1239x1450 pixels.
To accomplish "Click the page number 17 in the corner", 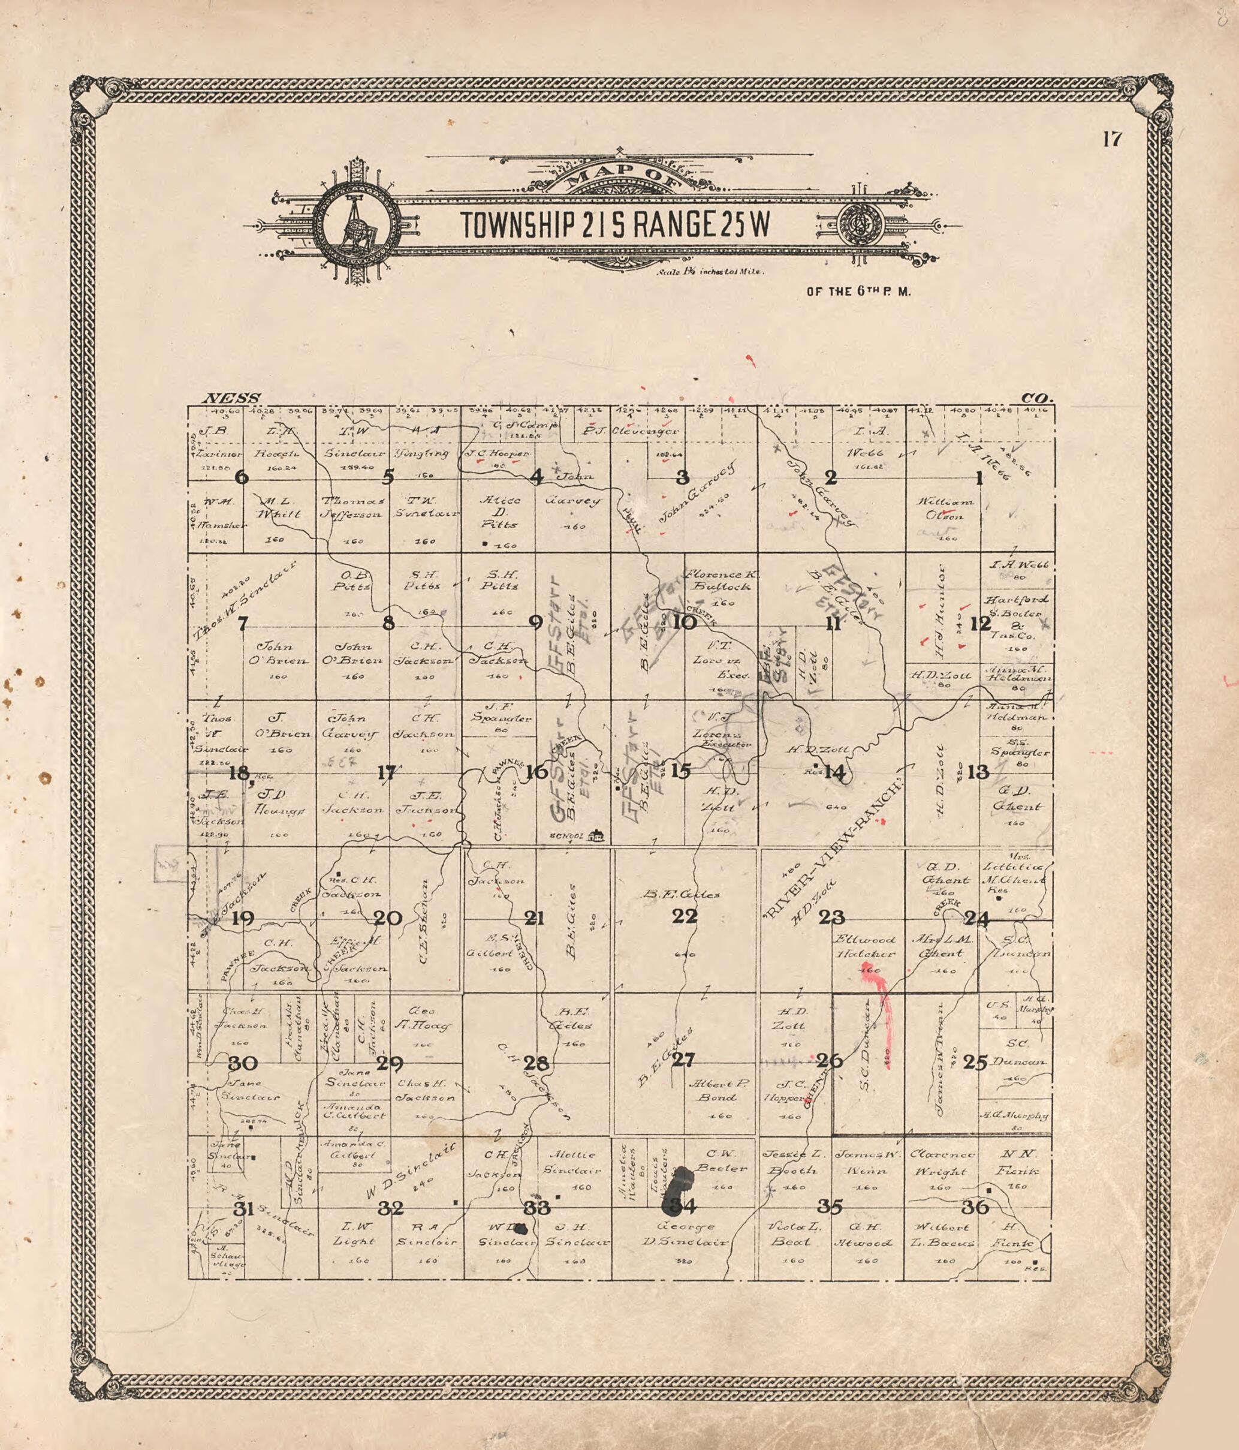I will tap(1112, 140).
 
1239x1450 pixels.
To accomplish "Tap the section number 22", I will tap(684, 916).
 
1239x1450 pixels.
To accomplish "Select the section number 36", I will tap(975, 1207).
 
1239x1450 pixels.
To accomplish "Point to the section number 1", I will tap(979, 479).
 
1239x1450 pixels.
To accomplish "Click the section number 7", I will tap(242, 623).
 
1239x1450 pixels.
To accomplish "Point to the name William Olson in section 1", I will tap(947, 509).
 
